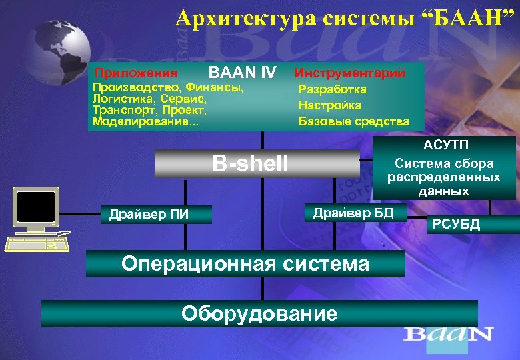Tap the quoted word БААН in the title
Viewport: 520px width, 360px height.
(466, 18)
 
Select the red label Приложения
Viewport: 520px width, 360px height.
(136, 73)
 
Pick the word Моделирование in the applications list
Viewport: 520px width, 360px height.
(141, 121)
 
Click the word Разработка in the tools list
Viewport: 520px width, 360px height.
(333, 89)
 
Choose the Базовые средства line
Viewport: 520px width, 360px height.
(353, 121)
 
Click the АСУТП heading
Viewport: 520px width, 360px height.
(444, 146)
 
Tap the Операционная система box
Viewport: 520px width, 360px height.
(245, 263)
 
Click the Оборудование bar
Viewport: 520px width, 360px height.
(259, 313)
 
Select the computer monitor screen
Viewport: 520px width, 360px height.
(35, 205)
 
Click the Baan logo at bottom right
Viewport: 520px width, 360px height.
(448, 334)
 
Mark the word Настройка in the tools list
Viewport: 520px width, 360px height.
(330, 105)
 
